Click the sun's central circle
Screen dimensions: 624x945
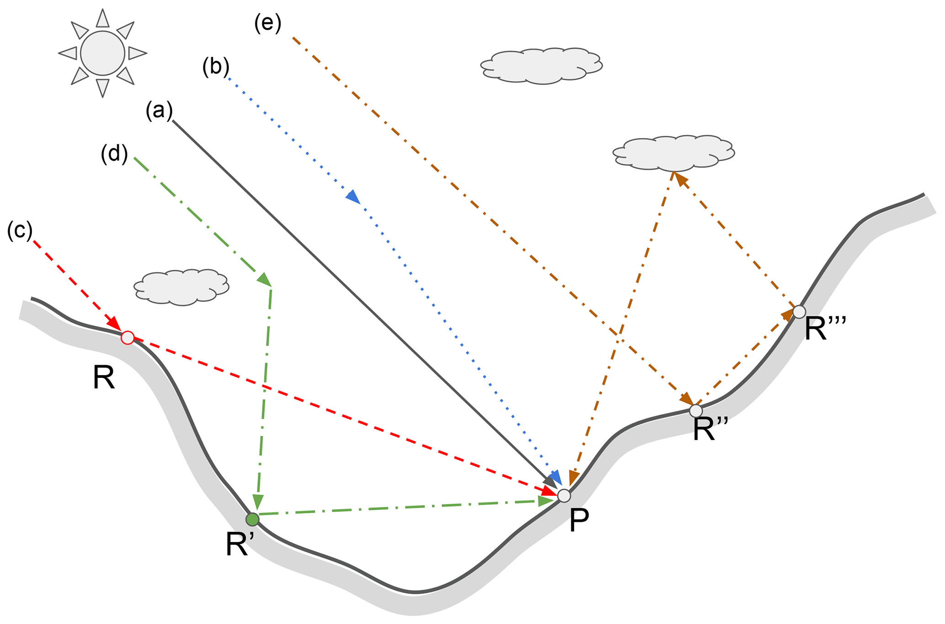pyautogui.click(x=102, y=53)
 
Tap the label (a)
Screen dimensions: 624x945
pyautogui.click(x=159, y=111)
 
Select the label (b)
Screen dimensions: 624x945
pyautogui.click(x=215, y=67)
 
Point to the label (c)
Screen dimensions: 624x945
pyautogui.click(x=20, y=231)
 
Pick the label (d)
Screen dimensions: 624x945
pyautogui.click(x=114, y=154)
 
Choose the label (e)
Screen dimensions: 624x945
pyautogui.click(x=267, y=23)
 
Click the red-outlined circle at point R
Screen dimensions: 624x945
pyautogui.click(x=128, y=338)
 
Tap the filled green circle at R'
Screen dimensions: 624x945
pyautogui.click(x=252, y=519)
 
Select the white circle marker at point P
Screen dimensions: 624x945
pyautogui.click(x=564, y=495)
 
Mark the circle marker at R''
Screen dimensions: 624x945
pyautogui.click(x=696, y=410)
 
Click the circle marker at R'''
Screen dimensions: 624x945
pyautogui.click(x=799, y=312)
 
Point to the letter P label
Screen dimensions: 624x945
pyautogui.click(x=579, y=521)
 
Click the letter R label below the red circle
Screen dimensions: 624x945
pyautogui.click(x=104, y=378)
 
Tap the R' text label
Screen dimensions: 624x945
pyautogui.click(x=240, y=544)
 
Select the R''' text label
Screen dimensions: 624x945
pyautogui.click(x=825, y=329)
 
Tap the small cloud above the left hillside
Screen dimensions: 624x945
pyautogui.click(x=182, y=287)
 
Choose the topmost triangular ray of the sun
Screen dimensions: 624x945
pyautogui.click(x=103, y=19)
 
